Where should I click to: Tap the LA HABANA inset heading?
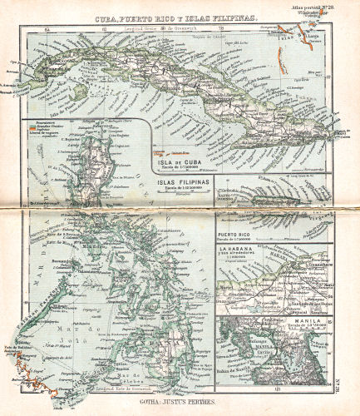[x=238, y=250]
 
